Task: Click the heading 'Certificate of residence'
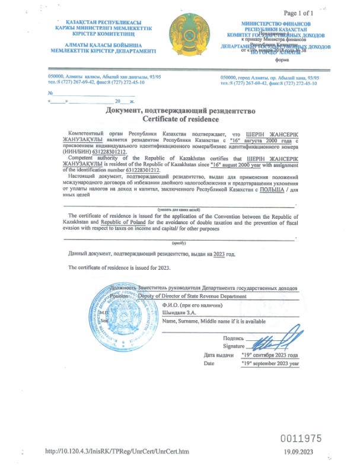[x=180, y=119]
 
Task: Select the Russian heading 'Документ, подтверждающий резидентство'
[x=180, y=111]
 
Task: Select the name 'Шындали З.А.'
[x=179, y=312]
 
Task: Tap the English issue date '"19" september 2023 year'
[x=270, y=363]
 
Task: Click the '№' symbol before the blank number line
[x=51, y=93]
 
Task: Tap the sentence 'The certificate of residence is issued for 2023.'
[x=119, y=267]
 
